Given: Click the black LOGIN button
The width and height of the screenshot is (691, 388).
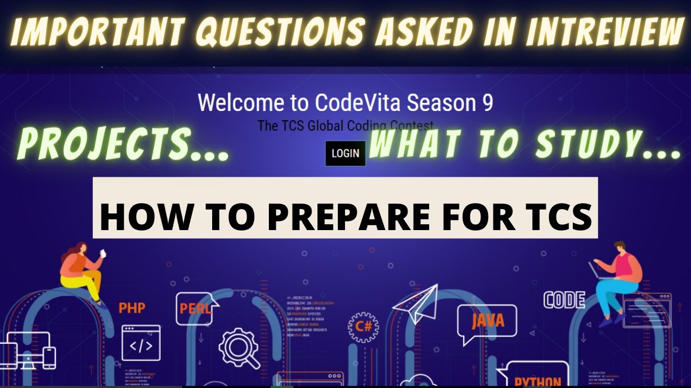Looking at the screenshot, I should click(345, 153).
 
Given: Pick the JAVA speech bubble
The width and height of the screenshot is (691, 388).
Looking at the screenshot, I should click(487, 322).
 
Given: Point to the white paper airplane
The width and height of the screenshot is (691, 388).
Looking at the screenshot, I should click(416, 303).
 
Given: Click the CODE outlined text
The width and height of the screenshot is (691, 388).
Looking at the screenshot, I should click(564, 300).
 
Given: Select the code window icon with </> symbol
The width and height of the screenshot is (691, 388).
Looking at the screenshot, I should click(140, 343).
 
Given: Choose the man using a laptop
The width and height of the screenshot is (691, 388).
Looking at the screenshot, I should click(617, 280).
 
